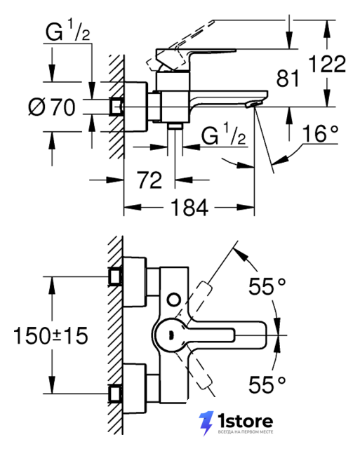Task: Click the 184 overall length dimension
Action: [189, 208]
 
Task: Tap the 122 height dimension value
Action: [327, 64]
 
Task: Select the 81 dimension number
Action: [288, 78]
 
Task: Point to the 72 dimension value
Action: [149, 180]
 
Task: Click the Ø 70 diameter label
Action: [52, 107]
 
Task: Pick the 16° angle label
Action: [320, 133]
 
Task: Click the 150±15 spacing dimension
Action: [51, 335]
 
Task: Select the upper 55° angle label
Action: [267, 286]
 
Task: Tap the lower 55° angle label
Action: [267, 384]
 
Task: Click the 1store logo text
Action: [246, 421]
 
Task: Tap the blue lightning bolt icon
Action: [206, 423]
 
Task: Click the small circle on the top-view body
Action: [174, 300]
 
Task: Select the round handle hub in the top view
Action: [170, 335]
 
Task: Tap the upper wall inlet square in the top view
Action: [115, 276]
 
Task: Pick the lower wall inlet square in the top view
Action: [115, 394]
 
